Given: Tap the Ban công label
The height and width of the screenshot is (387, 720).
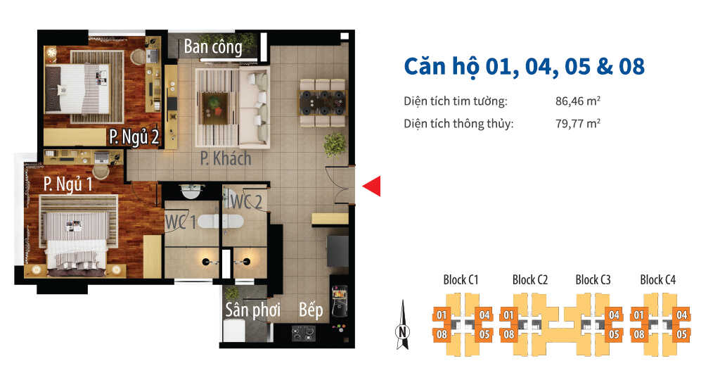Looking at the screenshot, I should click(213, 47).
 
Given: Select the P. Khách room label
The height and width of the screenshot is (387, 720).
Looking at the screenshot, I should click(225, 158).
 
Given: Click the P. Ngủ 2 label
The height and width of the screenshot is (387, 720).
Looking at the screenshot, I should click(133, 137).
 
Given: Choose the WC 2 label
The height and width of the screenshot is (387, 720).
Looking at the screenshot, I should click(246, 202).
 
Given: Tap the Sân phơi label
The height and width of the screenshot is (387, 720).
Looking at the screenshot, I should click(252, 310).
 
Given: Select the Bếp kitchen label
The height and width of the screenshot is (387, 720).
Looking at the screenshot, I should click(311, 310).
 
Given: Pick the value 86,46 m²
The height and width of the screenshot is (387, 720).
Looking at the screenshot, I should click(577, 101).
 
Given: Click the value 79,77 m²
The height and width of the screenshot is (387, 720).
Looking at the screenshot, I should click(577, 124).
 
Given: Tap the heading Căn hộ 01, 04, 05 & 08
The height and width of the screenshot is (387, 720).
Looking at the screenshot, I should click(524, 66).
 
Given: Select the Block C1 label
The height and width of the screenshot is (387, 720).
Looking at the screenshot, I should click(461, 280).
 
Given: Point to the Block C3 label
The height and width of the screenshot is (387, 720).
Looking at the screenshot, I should click(593, 280).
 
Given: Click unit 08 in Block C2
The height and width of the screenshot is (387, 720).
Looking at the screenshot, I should click(508, 334).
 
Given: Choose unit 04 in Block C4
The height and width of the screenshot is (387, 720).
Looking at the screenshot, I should click(681, 315).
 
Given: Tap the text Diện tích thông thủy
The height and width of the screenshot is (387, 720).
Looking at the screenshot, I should click(458, 124).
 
